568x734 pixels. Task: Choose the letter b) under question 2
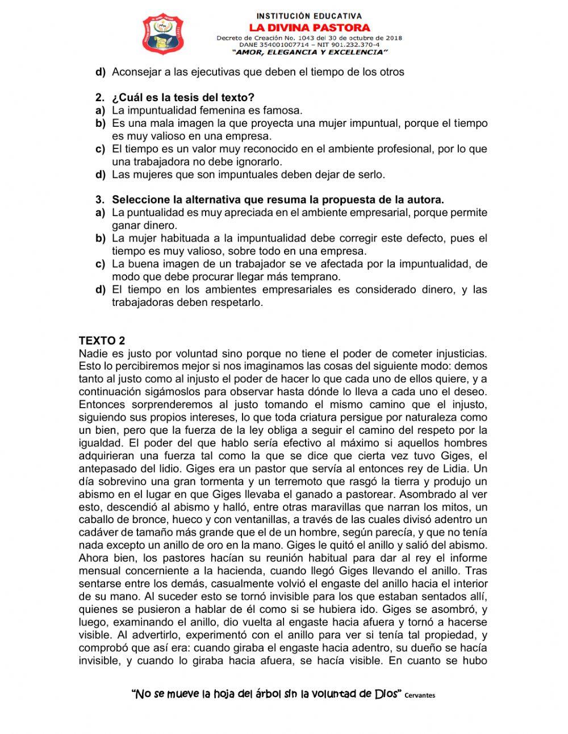[101, 123]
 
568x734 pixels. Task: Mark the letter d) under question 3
[101, 290]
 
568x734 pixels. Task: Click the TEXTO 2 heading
[102, 341]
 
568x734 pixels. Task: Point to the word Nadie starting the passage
[92, 354]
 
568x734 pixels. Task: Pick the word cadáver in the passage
[98, 533]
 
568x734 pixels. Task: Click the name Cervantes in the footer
[420, 695]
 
